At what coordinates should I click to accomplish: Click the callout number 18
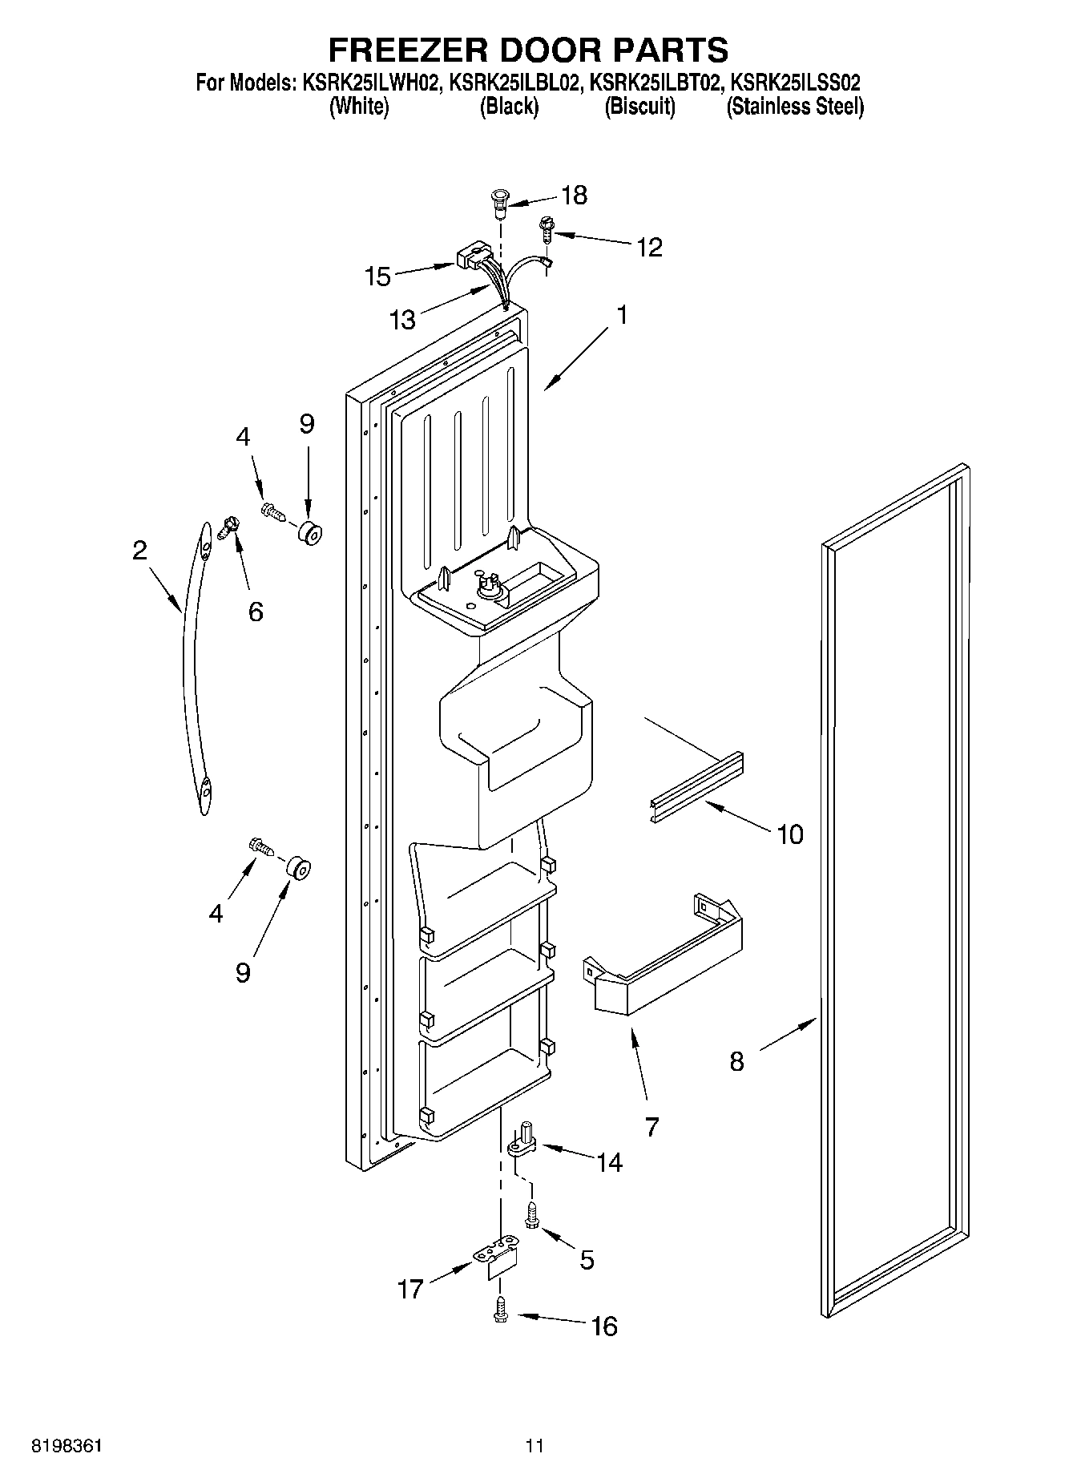click(x=575, y=195)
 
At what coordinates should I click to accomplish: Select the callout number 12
click(x=649, y=247)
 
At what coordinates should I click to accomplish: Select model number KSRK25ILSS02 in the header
click(x=797, y=83)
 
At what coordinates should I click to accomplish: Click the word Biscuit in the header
click(x=639, y=107)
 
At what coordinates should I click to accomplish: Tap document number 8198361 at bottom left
click(x=67, y=1445)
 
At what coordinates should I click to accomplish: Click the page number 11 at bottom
click(x=534, y=1445)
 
